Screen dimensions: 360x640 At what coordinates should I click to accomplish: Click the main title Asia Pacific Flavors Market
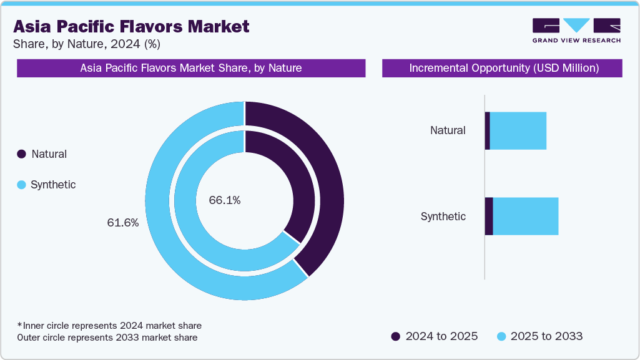click(x=131, y=26)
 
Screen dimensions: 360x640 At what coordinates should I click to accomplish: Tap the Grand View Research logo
click(x=576, y=31)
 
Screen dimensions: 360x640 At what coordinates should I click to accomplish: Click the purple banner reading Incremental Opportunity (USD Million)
click(x=502, y=68)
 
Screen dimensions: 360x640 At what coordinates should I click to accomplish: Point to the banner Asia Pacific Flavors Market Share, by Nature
click(x=190, y=68)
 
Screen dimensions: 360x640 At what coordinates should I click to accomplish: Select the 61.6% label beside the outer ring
click(x=122, y=223)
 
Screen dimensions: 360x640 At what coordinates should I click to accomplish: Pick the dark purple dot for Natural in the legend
click(x=21, y=154)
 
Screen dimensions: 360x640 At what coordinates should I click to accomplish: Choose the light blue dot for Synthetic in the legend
click(x=21, y=185)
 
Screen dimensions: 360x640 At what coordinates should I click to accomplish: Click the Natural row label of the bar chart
click(x=448, y=130)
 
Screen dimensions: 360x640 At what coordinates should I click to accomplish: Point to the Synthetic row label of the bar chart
click(x=443, y=216)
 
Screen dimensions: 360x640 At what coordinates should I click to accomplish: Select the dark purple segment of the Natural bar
click(x=488, y=131)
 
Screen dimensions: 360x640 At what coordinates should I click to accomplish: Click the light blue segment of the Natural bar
click(x=518, y=131)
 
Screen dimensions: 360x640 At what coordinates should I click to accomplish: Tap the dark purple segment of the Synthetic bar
click(x=489, y=216)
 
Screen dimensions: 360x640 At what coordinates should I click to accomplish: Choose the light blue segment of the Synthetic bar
click(x=526, y=216)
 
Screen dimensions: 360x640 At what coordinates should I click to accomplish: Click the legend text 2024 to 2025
click(x=441, y=336)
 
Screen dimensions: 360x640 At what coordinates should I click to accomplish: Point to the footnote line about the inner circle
click(x=109, y=326)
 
